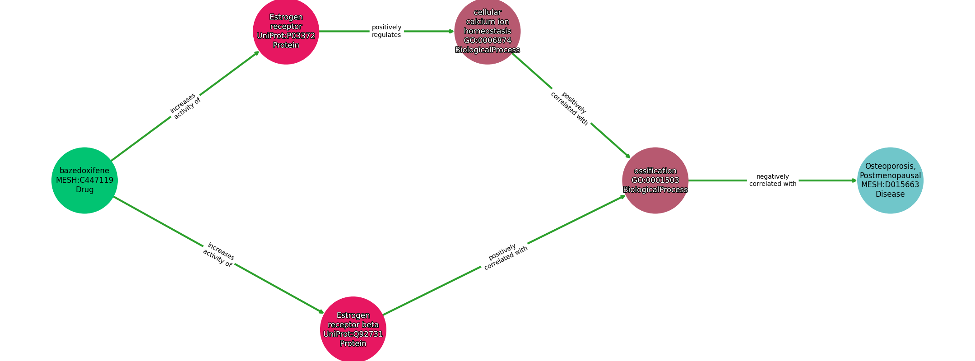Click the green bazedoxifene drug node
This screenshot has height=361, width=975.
(x=84, y=180)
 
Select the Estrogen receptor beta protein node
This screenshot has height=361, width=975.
(x=353, y=329)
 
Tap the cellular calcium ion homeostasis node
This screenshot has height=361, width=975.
(x=487, y=31)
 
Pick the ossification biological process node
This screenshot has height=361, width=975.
(x=655, y=180)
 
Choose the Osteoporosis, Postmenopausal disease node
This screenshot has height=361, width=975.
(x=890, y=180)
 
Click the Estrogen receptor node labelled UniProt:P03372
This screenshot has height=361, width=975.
(x=286, y=31)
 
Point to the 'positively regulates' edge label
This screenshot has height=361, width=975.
(x=386, y=31)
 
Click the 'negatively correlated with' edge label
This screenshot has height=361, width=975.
(x=773, y=180)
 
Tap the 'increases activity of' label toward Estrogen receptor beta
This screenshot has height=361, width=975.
(x=218, y=255)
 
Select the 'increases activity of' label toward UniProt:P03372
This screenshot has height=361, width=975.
(x=185, y=106)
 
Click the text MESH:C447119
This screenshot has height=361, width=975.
(x=84, y=180)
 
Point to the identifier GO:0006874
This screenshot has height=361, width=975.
(x=487, y=41)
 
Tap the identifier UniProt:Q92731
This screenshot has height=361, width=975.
(x=353, y=334)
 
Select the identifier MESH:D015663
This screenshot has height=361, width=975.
(x=890, y=185)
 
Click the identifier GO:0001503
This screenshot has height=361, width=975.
(x=655, y=180)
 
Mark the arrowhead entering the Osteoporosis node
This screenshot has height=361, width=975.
(x=854, y=180)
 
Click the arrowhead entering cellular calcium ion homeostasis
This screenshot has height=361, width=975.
(x=451, y=31)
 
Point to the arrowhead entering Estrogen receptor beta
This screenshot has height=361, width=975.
(x=321, y=312)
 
